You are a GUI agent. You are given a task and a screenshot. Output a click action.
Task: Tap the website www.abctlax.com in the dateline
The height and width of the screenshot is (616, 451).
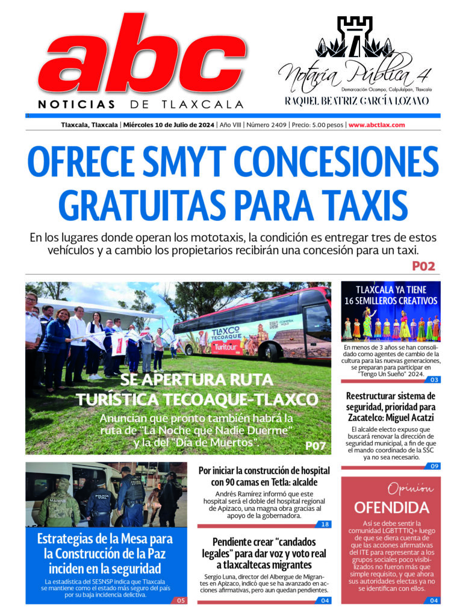[376, 125]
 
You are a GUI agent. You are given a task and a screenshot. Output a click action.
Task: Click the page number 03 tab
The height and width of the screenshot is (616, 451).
[434, 380]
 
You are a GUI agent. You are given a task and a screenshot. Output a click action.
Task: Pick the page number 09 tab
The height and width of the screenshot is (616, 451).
[434, 466]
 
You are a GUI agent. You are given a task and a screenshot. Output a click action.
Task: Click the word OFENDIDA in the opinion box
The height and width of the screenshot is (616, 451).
[391, 507]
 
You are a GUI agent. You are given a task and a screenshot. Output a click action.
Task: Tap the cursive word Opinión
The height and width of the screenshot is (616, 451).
[410, 487]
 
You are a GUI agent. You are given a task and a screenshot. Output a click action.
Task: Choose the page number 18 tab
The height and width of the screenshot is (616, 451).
[325, 525]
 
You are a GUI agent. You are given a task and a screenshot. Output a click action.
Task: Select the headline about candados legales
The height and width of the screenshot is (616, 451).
[264, 553]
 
